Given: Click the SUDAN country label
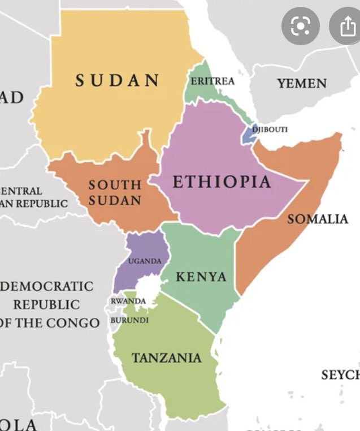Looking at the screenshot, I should coord(118,81).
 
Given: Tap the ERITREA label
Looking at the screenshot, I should coord(212,81).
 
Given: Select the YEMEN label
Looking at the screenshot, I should coord(302,84).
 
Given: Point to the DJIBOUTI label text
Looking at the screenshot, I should coord(270,130).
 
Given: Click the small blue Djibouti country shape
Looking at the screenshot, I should coord(249,133).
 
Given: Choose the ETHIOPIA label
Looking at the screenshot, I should coord(222,182).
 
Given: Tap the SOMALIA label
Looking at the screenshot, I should coord(318,219).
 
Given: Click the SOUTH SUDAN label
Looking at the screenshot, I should coord(115,192).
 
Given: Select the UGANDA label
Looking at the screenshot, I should coord(145,261).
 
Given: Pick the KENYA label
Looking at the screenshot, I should coord(201,277).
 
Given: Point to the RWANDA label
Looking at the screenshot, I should coord(128,301).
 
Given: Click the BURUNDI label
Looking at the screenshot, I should coord(129,320).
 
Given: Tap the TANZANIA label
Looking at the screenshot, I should coord(167,357).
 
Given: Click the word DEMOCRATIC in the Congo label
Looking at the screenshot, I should coord(48,286).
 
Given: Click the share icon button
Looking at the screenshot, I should coord(345,25).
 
